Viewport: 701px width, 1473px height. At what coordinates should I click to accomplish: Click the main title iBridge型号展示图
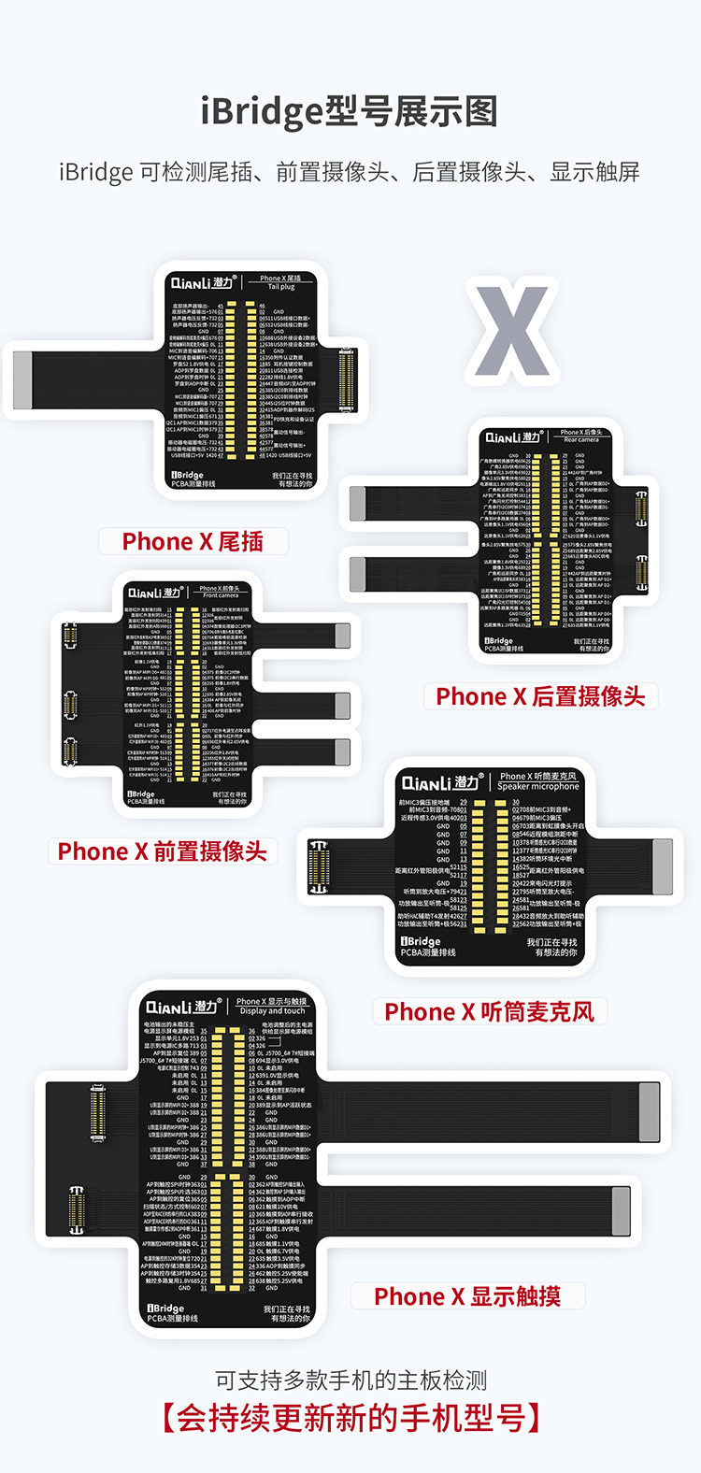(350, 112)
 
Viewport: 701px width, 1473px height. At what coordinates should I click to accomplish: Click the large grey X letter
(511, 332)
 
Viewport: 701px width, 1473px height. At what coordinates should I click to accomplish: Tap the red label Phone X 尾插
(193, 542)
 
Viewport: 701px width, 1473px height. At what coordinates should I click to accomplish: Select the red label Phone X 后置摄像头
(540, 696)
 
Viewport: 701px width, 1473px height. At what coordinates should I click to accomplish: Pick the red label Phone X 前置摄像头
(162, 851)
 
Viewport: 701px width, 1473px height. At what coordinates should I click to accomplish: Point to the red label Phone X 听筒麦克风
(489, 1012)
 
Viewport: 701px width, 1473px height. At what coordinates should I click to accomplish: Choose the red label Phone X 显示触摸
(467, 1296)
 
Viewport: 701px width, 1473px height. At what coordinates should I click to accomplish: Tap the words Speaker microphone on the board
(538, 787)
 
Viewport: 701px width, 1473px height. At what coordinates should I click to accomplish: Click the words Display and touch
(272, 1011)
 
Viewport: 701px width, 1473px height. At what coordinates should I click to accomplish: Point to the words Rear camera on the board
(581, 440)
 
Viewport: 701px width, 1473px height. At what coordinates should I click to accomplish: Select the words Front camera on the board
(221, 595)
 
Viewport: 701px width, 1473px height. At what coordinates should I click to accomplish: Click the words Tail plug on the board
(281, 287)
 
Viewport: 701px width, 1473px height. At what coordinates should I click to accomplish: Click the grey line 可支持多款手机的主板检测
(350, 1380)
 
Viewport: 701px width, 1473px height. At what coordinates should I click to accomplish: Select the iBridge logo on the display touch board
(165, 1309)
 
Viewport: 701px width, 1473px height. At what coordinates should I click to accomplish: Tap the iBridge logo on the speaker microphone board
(421, 941)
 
